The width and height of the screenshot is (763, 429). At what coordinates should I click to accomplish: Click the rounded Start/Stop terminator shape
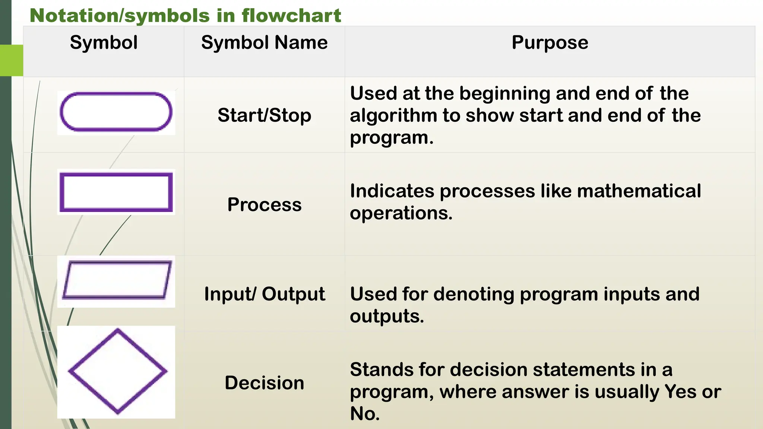pos(116,112)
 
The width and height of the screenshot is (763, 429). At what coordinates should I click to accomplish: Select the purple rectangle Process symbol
pos(116,192)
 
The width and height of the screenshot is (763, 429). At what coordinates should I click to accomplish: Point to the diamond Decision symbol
pos(117,371)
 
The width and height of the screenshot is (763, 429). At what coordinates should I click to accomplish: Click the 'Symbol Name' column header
pos(264,42)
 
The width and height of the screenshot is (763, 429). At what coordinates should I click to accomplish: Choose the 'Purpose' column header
pos(550,42)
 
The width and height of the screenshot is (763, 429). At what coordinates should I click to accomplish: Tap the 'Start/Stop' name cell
pos(264,115)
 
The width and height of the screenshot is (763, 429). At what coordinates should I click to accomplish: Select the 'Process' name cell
pos(264,204)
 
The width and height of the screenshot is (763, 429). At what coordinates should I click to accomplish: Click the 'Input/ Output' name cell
pos(264,294)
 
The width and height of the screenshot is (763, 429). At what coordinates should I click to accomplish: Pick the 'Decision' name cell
pos(264,383)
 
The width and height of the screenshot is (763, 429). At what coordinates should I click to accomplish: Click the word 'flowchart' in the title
pos(291,16)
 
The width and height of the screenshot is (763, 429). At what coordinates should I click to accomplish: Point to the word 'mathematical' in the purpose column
pos(639,191)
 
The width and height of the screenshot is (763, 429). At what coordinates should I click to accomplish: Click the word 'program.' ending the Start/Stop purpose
pos(392,138)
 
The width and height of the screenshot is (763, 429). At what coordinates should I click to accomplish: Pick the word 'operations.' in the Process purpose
pos(401,213)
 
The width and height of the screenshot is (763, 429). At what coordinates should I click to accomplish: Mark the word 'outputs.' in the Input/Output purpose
pos(387,317)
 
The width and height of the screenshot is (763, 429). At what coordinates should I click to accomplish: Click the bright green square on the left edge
pos(12,60)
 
